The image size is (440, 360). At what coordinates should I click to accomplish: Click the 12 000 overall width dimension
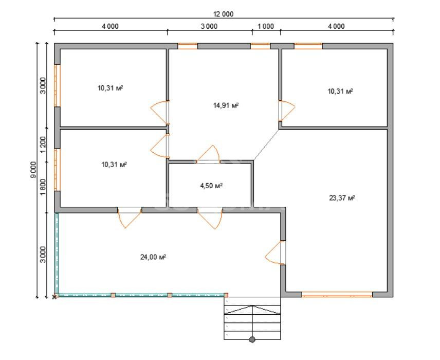point(224,14)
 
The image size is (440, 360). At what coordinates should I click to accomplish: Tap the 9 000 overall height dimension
point(34,170)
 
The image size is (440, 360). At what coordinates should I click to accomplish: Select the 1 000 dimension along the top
point(265,26)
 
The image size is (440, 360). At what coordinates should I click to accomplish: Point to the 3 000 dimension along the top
point(209,26)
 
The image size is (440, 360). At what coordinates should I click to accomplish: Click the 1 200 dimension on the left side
point(43,145)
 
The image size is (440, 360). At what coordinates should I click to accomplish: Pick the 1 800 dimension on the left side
point(43,187)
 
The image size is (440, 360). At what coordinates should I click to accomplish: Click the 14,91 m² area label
point(226,105)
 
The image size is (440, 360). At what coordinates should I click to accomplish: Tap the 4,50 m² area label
point(211,186)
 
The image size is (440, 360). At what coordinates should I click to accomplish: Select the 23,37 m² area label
point(342,198)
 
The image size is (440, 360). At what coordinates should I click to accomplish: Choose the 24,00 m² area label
point(153,257)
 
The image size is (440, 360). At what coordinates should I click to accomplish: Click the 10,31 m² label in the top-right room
point(340,91)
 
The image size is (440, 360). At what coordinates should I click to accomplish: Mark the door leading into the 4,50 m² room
point(208,154)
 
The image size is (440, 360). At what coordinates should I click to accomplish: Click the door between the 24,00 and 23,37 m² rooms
point(276,253)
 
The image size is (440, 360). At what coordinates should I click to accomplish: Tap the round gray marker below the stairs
point(252,340)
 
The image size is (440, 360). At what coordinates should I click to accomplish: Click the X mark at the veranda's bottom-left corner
point(54,297)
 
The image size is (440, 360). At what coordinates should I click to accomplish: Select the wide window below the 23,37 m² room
point(337,294)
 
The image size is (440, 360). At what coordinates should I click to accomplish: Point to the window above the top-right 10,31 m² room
point(308,46)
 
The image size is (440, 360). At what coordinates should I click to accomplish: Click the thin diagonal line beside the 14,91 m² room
point(266,145)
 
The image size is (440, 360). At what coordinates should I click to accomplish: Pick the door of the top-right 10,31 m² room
point(287,111)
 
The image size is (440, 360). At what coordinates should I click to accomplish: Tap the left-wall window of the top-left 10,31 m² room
point(57,86)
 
